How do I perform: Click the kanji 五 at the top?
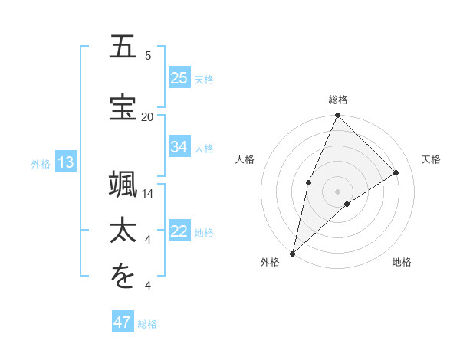pyautogui.click(x=123, y=47)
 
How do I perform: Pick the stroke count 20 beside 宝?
pyautogui.click(x=147, y=116)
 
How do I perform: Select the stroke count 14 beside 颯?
pyautogui.click(x=147, y=194)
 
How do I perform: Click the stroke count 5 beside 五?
pyautogui.click(x=148, y=56)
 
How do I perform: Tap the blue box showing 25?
pyautogui.click(x=179, y=78)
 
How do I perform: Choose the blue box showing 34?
pyautogui.click(x=179, y=147)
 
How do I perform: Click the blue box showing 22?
pyautogui.click(x=179, y=232)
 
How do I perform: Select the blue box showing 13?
pyautogui.click(x=65, y=162)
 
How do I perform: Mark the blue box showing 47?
pyautogui.click(x=123, y=322)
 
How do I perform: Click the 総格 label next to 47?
pyautogui.click(x=147, y=324)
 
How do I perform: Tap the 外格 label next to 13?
pyautogui.click(x=41, y=163)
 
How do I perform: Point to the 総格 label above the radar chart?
pyautogui.click(x=338, y=100)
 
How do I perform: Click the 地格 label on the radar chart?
pyautogui.click(x=402, y=263)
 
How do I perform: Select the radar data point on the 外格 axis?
pyautogui.click(x=292, y=253)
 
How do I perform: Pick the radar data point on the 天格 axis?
pyautogui.click(x=396, y=172)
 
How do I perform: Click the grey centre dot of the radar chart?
pyautogui.click(x=337, y=191)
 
